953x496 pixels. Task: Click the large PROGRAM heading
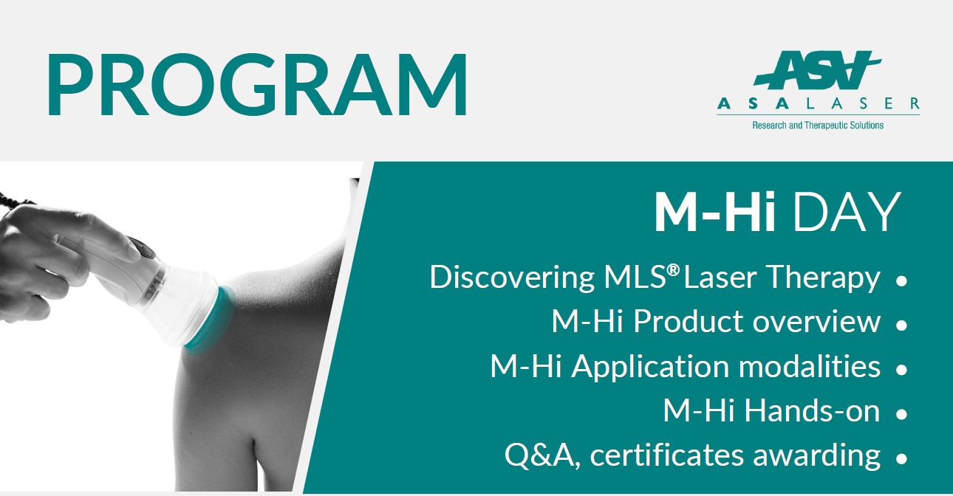(x=258, y=84)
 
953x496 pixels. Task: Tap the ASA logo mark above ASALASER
(x=817, y=70)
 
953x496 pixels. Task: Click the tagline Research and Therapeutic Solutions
(x=818, y=125)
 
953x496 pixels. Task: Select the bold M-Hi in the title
(x=714, y=212)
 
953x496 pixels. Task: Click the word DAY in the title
(x=846, y=212)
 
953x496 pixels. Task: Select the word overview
(x=816, y=322)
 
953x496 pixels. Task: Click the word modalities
(x=809, y=366)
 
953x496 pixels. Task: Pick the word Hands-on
(x=812, y=411)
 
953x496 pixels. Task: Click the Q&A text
(x=542, y=455)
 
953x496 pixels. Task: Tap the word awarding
(x=816, y=456)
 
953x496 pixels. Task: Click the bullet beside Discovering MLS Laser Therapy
(x=901, y=280)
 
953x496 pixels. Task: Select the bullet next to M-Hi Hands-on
(x=901, y=414)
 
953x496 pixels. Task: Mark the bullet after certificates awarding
(x=901, y=458)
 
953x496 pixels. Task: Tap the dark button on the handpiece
(x=145, y=248)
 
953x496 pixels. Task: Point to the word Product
(x=690, y=321)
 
